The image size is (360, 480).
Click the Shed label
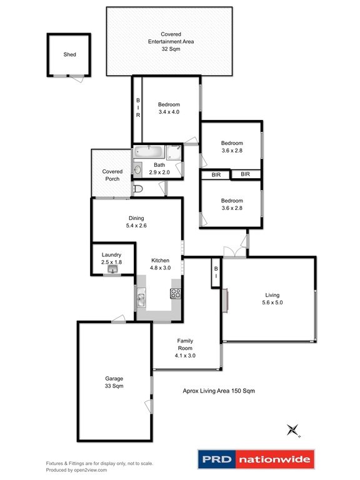tap(69, 54)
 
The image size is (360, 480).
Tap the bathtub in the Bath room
tap(149, 152)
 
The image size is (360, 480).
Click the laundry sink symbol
tap(113, 270)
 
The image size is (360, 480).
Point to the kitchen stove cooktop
tap(176, 294)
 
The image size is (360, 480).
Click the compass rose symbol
tap(293, 430)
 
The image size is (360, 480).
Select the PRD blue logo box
tap(217, 459)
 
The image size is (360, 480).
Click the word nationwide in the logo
tap(274, 459)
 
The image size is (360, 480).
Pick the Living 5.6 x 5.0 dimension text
tap(272, 302)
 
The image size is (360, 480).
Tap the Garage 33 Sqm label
tap(114, 382)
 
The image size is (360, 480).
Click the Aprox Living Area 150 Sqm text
tap(219, 391)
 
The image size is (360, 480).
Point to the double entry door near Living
tap(234, 252)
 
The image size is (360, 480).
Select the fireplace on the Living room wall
tap(225, 301)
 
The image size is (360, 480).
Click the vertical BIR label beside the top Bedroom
tap(138, 107)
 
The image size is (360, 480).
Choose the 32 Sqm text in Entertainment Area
tap(171, 49)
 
